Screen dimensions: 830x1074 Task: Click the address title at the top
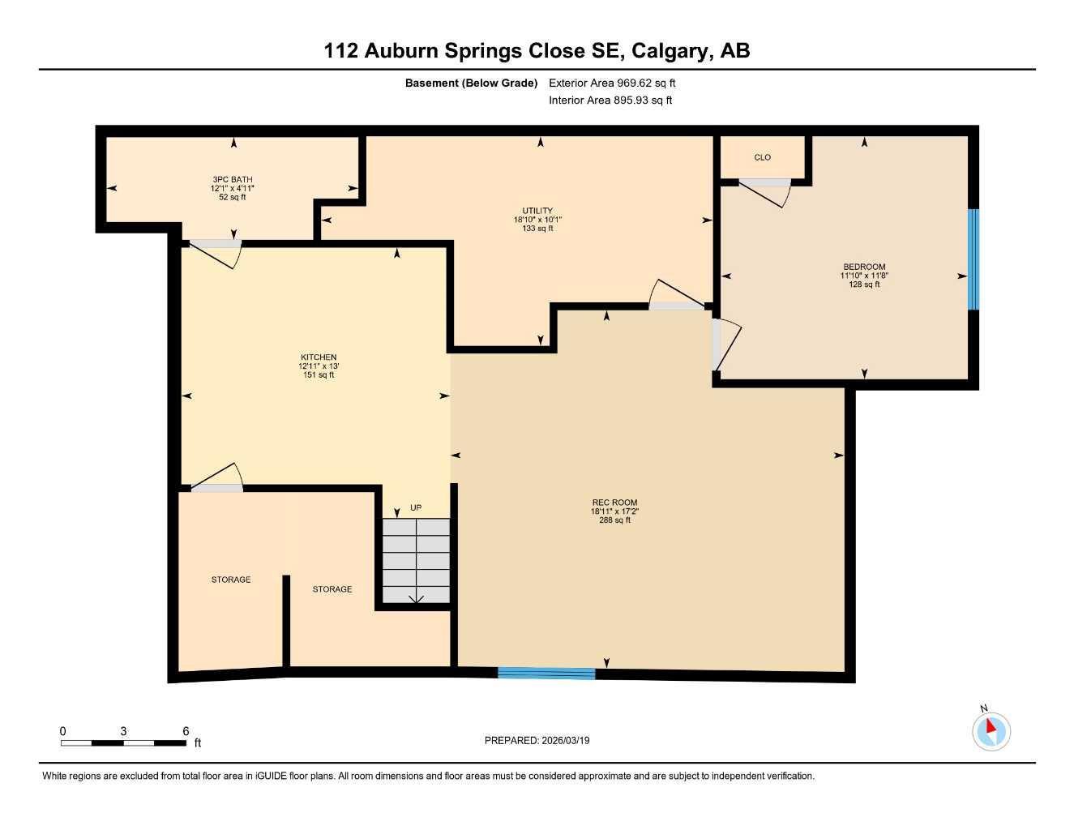(x=537, y=50)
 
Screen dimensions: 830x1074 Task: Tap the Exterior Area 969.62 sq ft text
(x=612, y=83)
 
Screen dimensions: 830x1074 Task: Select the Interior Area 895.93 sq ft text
(x=610, y=101)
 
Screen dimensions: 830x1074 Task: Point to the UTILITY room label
(x=537, y=219)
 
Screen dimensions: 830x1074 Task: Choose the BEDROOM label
(x=864, y=275)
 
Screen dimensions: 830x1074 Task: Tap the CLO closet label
(x=762, y=157)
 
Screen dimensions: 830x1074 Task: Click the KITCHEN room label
(x=319, y=366)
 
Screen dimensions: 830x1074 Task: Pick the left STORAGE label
(x=231, y=580)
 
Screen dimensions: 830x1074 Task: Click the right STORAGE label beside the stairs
(x=332, y=589)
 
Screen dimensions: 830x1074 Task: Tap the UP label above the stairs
(x=416, y=508)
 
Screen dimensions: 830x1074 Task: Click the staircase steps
(x=416, y=561)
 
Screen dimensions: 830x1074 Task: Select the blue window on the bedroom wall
(x=973, y=259)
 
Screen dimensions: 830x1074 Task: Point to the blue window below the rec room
(x=546, y=673)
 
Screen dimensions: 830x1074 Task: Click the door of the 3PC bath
(x=215, y=252)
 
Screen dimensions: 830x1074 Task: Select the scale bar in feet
(x=123, y=742)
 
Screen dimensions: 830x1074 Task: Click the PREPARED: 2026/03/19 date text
(x=537, y=740)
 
